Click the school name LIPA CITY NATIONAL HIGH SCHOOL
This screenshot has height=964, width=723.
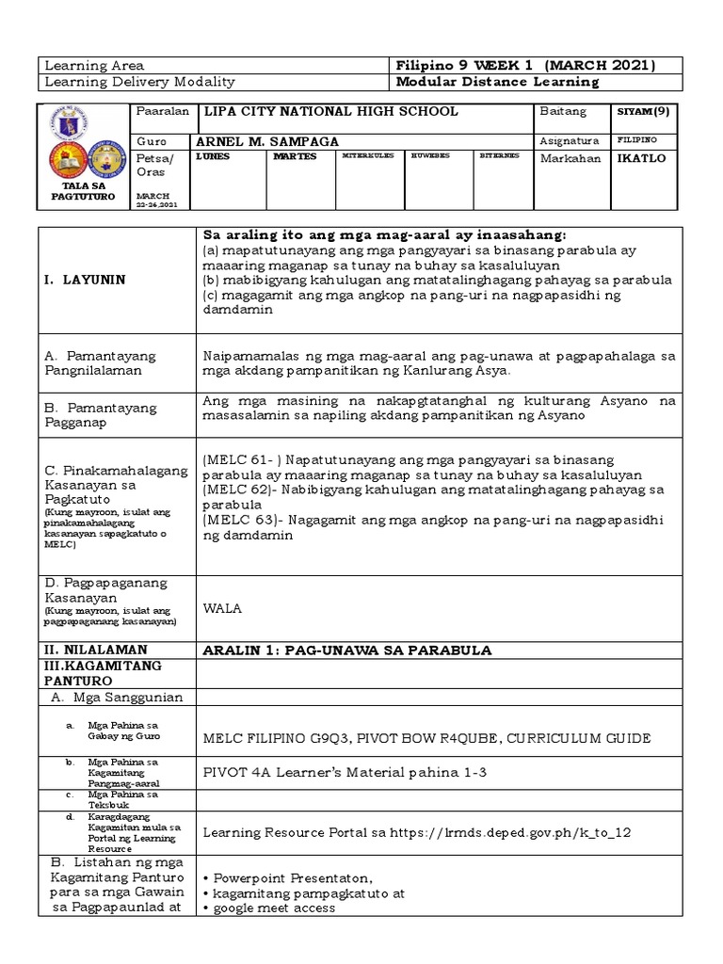tap(331, 112)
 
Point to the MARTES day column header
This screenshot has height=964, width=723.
tap(291, 156)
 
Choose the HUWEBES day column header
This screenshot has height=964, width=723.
tap(430, 155)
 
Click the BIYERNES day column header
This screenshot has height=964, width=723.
tap(499, 155)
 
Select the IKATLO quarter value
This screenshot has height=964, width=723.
tap(641, 158)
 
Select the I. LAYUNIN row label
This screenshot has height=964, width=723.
tap(80, 280)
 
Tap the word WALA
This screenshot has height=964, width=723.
tap(222, 609)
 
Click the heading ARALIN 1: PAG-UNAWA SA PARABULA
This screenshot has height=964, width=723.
tap(347, 651)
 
